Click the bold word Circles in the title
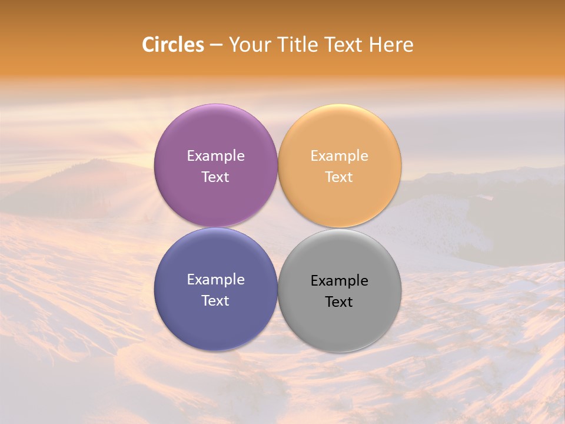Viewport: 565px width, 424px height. click(x=173, y=45)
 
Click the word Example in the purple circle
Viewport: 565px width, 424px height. click(x=215, y=155)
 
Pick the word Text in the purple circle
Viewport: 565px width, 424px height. click(x=215, y=177)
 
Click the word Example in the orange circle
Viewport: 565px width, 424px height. click(x=339, y=155)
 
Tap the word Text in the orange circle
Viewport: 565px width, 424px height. click(x=339, y=177)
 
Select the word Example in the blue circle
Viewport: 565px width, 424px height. click(x=215, y=280)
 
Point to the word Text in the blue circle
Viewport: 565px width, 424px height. click(x=215, y=300)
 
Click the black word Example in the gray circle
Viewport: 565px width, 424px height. click(x=339, y=281)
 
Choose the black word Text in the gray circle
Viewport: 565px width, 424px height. click(x=339, y=302)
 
